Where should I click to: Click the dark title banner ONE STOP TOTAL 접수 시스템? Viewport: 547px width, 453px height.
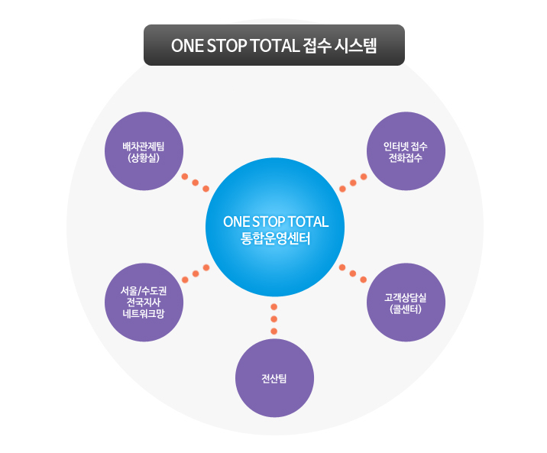click(274, 45)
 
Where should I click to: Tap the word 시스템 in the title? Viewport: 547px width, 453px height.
click(355, 46)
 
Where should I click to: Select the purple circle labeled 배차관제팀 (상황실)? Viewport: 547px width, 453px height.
click(144, 151)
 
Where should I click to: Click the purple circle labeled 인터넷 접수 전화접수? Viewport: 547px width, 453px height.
click(406, 151)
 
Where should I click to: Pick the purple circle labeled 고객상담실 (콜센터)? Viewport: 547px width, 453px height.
click(406, 303)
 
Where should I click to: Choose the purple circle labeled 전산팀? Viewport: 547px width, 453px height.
click(274, 378)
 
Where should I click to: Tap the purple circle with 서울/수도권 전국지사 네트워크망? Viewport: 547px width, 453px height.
click(144, 303)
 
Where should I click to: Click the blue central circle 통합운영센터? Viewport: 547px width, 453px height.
click(275, 227)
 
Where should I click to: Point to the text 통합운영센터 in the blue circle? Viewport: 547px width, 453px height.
click(275, 239)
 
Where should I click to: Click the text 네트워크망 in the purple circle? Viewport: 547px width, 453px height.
click(144, 313)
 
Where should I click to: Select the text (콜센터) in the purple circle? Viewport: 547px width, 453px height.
click(406, 309)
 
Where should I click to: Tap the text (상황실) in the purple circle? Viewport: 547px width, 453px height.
click(144, 158)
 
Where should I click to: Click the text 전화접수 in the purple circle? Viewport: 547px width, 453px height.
click(406, 158)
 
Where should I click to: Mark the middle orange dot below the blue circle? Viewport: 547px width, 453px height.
click(273, 319)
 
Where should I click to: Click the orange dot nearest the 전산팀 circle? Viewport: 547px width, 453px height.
click(273, 332)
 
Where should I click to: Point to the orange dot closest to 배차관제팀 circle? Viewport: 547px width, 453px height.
click(185, 176)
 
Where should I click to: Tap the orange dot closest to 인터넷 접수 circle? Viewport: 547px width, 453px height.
click(364, 176)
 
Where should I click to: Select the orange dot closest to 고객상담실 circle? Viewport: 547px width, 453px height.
click(363, 280)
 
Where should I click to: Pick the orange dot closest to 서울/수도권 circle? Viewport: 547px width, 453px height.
click(185, 280)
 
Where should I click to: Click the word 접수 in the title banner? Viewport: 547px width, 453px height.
click(317, 46)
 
